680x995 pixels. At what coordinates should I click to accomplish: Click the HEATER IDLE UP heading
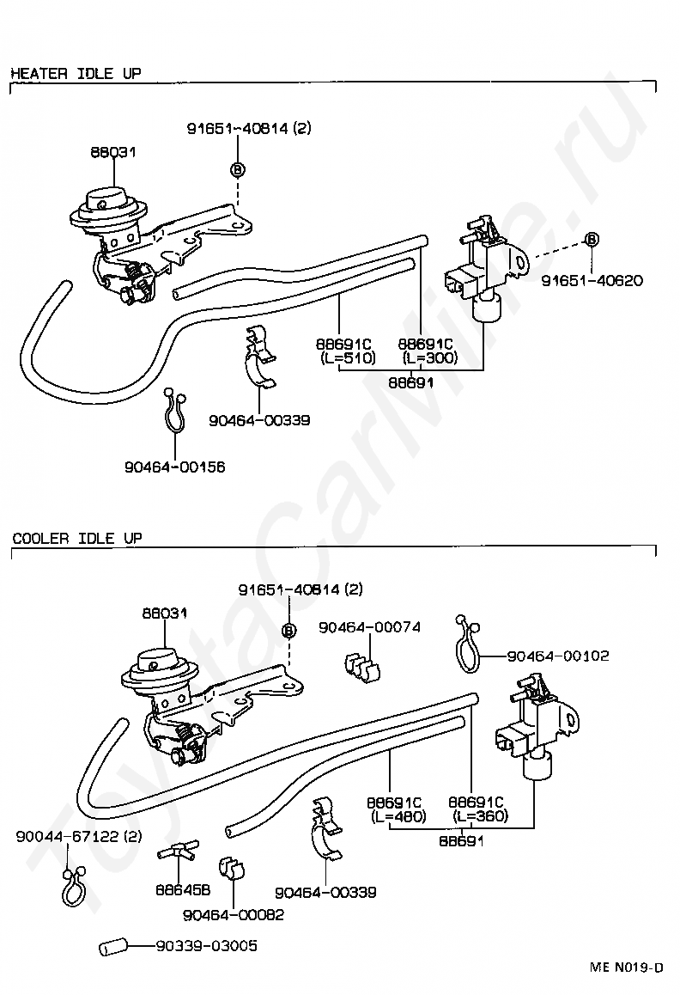76,73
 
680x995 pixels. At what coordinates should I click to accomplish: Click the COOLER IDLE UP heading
77,538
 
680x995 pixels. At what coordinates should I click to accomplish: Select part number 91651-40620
592,280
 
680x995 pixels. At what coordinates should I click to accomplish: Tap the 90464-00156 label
175,467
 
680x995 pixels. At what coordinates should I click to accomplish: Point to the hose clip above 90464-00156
174,410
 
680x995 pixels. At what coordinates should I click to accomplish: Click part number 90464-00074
370,627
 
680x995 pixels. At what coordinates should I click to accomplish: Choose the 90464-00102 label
558,656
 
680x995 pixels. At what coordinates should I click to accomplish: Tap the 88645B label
184,889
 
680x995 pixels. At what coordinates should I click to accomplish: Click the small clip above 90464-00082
232,869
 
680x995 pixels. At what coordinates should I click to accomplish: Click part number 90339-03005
207,946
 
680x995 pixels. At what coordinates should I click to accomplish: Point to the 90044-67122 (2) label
79,836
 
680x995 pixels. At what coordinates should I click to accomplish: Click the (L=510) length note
348,358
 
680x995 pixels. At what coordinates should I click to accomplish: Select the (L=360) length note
481,816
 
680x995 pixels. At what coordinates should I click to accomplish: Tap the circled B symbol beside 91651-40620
592,239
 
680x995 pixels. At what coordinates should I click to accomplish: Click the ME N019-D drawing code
627,968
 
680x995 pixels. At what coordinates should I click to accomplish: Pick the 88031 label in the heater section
113,152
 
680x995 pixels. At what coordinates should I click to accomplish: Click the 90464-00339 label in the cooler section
325,892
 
